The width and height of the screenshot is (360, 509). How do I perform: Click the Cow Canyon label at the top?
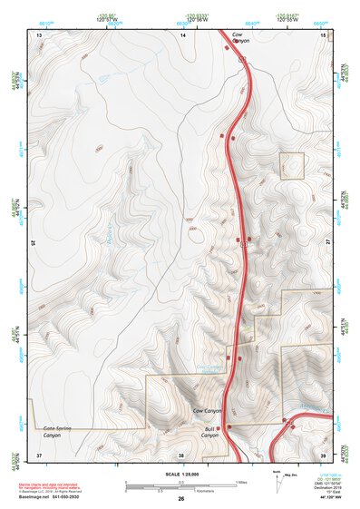click(239, 37)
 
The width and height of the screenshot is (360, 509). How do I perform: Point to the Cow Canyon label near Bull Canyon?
click(208, 411)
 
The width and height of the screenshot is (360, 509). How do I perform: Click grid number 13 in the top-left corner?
click(39, 34)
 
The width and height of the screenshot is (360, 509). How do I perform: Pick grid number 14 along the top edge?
click(182, 34)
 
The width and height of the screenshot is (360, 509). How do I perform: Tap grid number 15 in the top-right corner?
click(324, 34)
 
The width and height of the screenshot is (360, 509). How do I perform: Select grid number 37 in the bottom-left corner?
click(39, 454)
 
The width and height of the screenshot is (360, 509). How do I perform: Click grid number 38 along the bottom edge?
click(181, 454)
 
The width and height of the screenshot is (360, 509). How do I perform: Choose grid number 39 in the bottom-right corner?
click(324, 454)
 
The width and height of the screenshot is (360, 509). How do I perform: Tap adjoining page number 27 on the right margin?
click(329, 243)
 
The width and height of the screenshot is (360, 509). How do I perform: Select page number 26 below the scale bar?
click(181, 499)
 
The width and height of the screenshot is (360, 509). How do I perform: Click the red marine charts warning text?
click(54, 485)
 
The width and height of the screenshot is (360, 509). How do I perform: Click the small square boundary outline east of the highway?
click(291, 166)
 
